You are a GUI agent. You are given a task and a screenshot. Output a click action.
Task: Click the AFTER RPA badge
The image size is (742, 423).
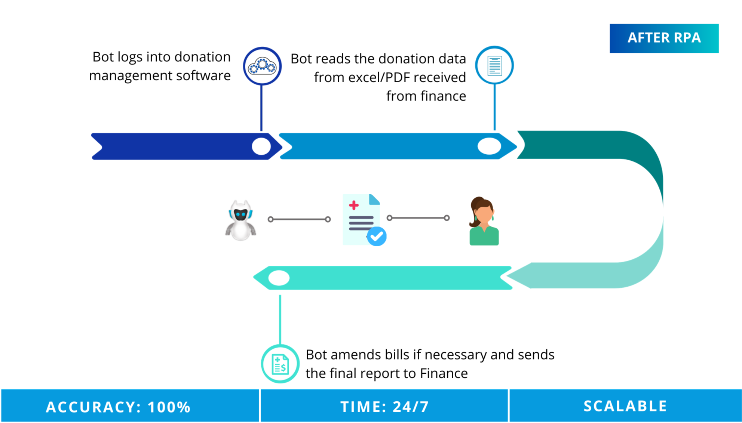click(664, 38)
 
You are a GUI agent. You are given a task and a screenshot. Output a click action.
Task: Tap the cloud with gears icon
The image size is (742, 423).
click(262, 66)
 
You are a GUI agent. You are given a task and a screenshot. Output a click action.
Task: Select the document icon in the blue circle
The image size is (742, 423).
click(494, 65)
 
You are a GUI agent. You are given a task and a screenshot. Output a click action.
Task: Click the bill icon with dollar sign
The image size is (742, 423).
click(280, 364)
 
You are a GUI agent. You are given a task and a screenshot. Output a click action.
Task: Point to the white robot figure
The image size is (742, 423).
click(240, 220)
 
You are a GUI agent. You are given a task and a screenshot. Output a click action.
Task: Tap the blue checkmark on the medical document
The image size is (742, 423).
click(377, 236)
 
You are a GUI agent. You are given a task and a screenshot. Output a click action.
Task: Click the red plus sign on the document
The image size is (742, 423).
click(353, 205)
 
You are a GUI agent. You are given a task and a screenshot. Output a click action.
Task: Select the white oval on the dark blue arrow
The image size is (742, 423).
click(261, 146)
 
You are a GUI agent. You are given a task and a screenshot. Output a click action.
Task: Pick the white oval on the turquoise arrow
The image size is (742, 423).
click(279, 278)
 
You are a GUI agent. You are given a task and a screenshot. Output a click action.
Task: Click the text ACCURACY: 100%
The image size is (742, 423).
click(118, 407)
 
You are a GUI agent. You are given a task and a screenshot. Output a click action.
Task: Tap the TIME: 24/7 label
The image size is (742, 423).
click(384, 407)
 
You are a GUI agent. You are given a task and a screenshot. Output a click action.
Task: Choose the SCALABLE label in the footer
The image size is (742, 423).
click(625, 406)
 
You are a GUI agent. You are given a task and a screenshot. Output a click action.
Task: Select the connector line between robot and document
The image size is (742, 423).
click(299, 219)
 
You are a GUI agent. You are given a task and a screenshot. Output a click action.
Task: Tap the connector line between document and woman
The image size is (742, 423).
click(418, 218)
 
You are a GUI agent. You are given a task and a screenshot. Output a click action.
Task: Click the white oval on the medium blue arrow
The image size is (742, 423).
click(489, 146)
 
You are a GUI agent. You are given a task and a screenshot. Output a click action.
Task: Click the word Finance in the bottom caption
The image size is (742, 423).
click(444, 373)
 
